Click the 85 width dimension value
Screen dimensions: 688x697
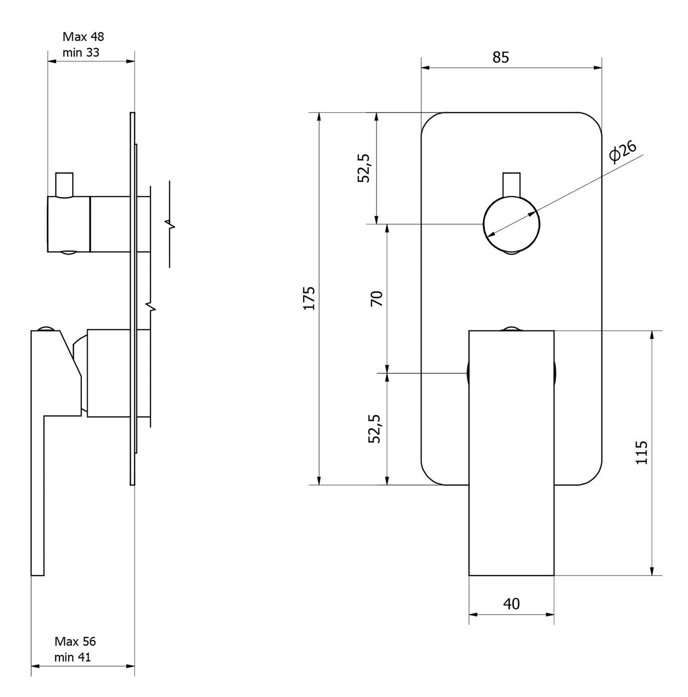coord(500,58)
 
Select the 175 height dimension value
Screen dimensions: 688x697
coord(309,298)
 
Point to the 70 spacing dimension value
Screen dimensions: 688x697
coord(377,298)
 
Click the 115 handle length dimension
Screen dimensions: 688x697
coord(641,453)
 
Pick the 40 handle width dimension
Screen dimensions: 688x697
coord(511,605)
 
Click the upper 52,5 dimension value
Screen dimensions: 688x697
coord(364,168)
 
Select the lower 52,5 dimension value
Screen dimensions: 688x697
coord(375,429)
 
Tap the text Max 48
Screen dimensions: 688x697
coord(83,37)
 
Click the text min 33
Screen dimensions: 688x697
coord(81,52)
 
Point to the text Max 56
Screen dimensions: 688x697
coord(75,641)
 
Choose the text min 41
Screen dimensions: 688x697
coord(73,657)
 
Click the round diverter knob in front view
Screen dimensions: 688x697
coord(511,224)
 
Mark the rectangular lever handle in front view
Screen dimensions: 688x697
coord(511,453)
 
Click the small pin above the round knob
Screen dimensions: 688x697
coord(511,185)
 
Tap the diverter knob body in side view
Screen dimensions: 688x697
coord(69,224)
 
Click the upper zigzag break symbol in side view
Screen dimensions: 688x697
coord(170,224)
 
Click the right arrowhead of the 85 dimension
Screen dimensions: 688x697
coord(598,68)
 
